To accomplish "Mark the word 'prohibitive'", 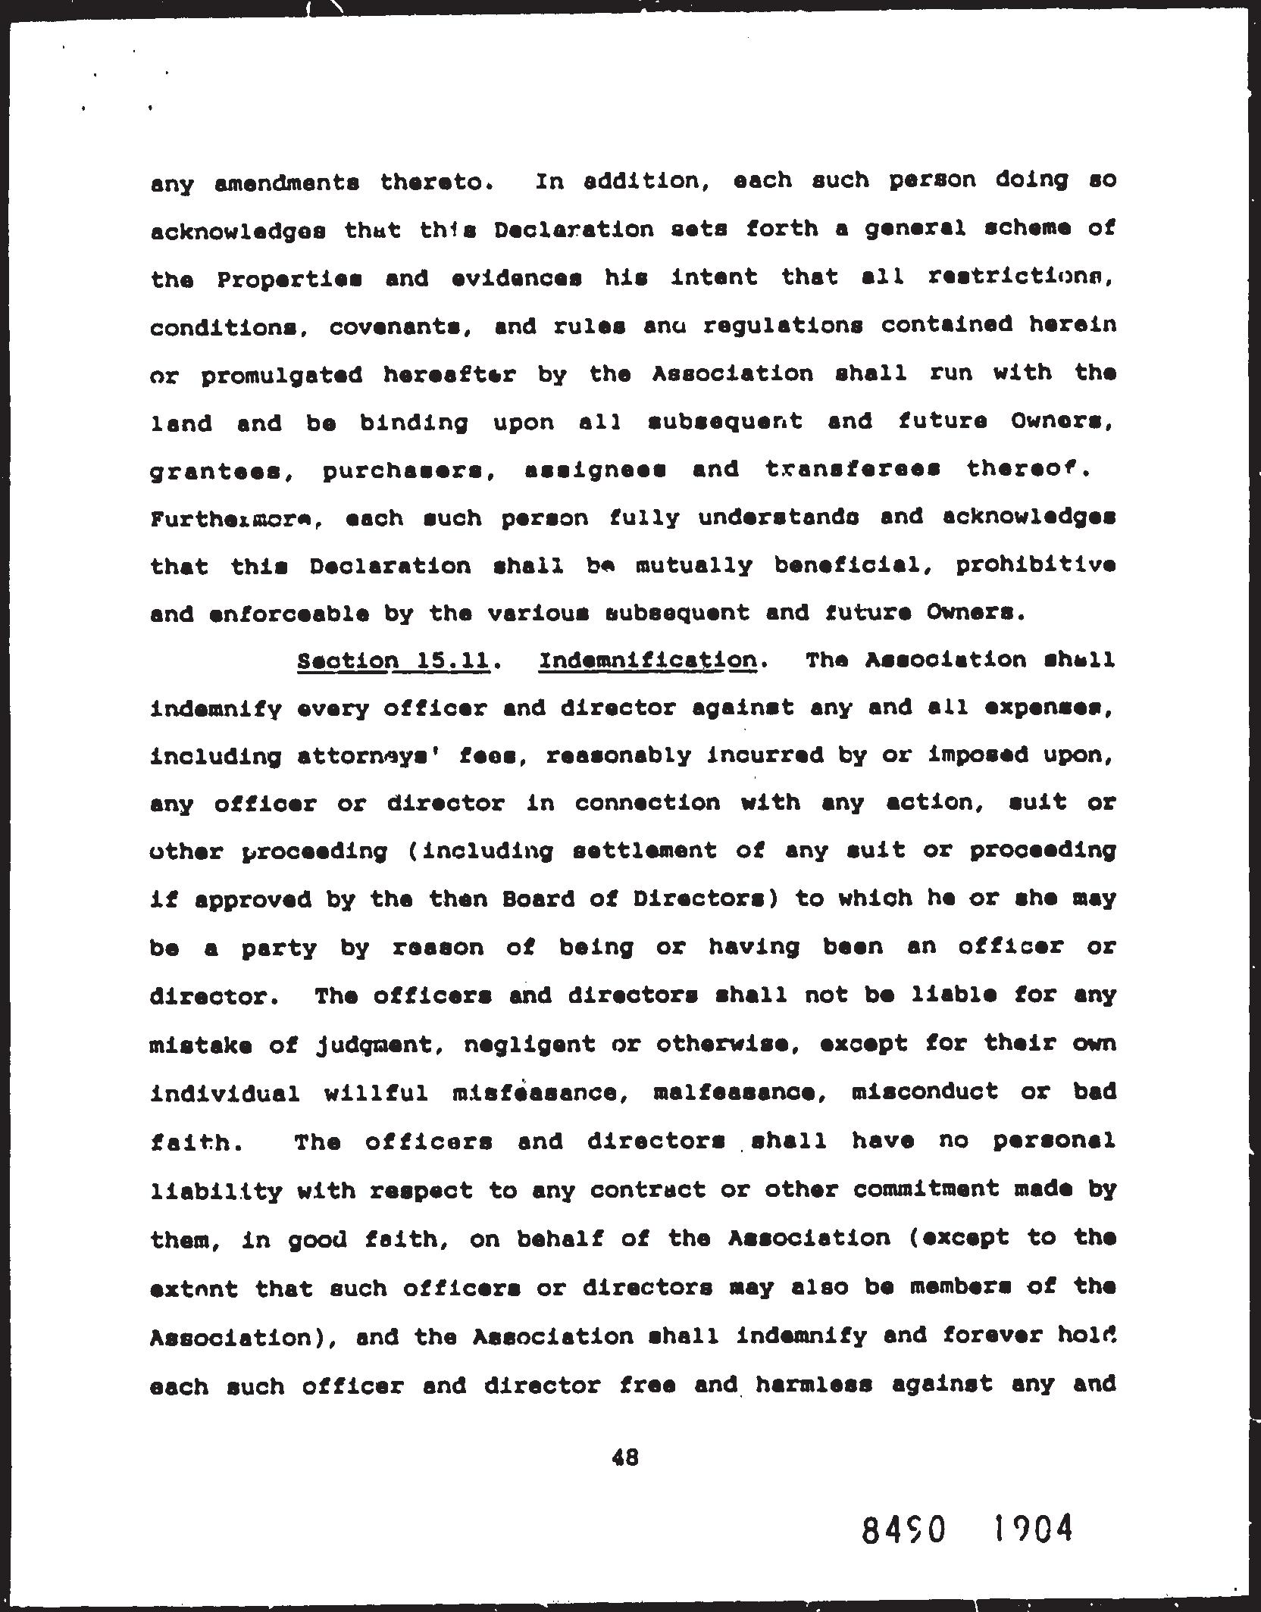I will click(x=1035, y=565).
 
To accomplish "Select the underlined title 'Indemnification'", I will click(x=648, y=661).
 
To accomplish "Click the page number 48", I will click(x=625, y=1457).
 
